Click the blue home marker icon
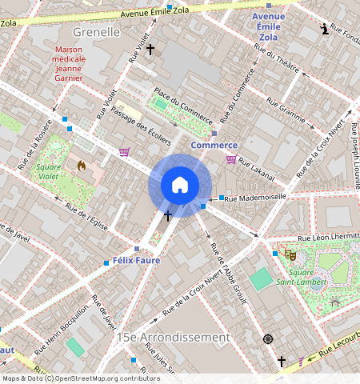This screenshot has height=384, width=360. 180,185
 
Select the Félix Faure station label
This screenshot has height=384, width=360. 136,261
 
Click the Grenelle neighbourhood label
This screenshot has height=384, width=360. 96,32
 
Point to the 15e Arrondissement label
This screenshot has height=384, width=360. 173,338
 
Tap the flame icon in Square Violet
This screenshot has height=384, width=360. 81,166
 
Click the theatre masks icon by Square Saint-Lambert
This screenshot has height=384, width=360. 290,254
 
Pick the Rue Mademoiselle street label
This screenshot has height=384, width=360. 256,196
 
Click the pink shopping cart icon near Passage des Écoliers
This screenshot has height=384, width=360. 124,152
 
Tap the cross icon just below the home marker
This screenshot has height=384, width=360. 168,216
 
